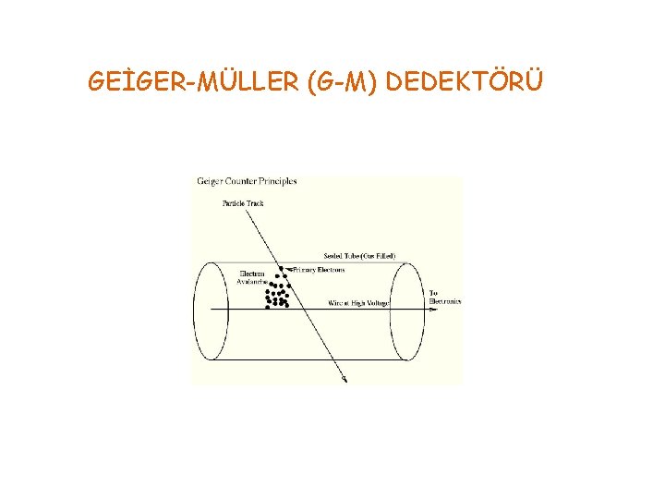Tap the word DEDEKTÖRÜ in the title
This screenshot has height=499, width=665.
465,83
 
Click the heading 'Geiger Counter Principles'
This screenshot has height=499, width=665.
247,181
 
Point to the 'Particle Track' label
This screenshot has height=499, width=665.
243,202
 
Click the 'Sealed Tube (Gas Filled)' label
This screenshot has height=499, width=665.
359,255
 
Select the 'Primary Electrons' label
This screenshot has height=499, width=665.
319,270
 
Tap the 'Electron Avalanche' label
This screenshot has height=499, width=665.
252,277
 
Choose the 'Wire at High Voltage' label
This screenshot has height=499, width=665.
359,302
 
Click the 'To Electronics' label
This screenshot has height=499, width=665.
444,298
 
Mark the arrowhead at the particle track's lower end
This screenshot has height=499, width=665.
345,379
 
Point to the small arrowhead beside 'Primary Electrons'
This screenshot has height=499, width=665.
289,270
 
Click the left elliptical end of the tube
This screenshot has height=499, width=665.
211,310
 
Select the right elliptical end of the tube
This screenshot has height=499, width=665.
407,310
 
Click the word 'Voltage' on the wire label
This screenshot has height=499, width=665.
378,302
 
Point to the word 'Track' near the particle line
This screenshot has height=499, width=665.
253,202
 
